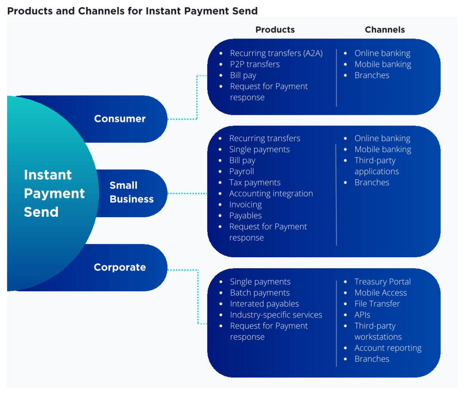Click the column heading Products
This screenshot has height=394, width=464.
[x=275, y=30]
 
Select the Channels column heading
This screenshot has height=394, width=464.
[x=384, y=30]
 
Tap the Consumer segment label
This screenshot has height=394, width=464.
[x=120, y=119]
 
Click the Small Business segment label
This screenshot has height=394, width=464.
[x=131, y=192]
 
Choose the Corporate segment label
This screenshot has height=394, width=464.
[x=120, y=267]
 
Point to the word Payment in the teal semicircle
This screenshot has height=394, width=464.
[x=54, y=193]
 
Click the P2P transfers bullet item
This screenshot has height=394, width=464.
[x=255, y=64]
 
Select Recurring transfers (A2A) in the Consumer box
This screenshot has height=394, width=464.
[x=276, y=53]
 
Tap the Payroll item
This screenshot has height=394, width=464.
[x=241, y=171]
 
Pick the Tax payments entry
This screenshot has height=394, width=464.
[x=255, y=182]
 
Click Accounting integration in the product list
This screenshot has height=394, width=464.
[x=271, y=193]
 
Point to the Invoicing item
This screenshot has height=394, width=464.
[x=245, y=204]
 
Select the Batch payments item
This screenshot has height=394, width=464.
[x=259, y=292]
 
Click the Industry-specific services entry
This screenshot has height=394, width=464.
[x=276, y=315]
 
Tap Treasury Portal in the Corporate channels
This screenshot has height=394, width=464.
[x=382, y=282]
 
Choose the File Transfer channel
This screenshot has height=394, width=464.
[x=377, y=303]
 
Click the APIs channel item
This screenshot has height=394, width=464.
[x=362, y=315]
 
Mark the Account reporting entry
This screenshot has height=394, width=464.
[x=388, y=348]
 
